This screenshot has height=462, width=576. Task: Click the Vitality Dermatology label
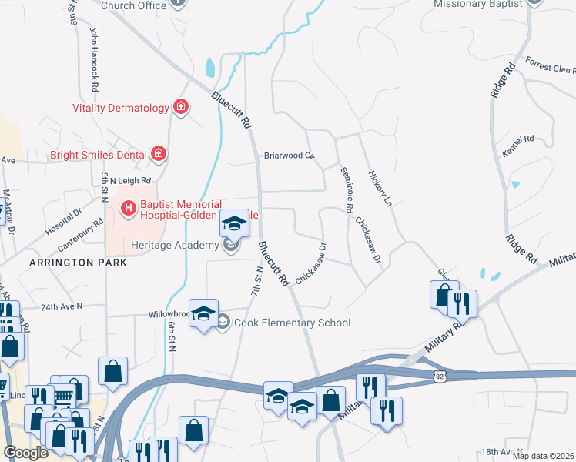point(120,109)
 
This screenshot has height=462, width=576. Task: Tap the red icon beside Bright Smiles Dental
point(158,155)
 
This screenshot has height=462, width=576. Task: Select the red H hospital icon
point(129,207)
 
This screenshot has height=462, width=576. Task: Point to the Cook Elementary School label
point(292,323)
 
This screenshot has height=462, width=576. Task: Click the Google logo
point(26,453)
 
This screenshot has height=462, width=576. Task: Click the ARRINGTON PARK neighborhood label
point(77,263)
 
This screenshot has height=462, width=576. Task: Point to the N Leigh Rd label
point(129,180)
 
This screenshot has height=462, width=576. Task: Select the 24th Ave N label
point(62,306)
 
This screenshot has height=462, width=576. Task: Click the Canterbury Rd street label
point(80,237)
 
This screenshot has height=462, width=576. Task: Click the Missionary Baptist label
point(478,4)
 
